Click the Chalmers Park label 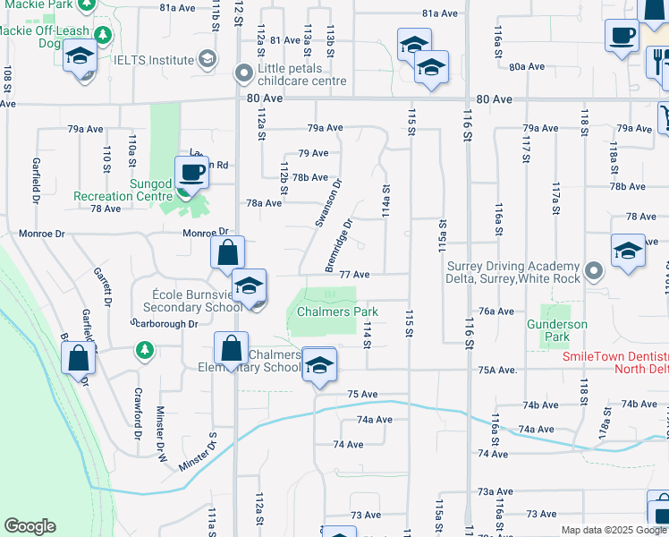click(337, 311)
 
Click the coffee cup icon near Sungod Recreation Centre click(191, 171)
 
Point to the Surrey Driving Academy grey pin click(593, 270)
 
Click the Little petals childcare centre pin click(243, 73)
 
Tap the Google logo click(30, 526)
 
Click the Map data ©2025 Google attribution click(614, 530)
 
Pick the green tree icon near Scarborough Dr click(144, 349)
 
